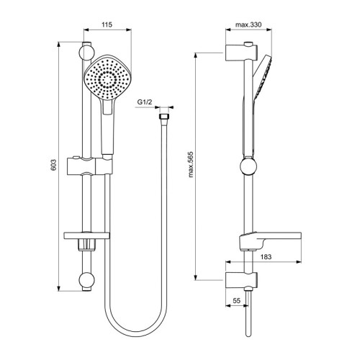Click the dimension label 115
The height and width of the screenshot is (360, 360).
click(107, 25)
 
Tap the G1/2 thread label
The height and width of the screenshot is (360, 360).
click(144, 103)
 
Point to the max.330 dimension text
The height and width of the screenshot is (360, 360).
click(248, 25)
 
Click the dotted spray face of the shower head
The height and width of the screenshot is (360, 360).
click(107, 78)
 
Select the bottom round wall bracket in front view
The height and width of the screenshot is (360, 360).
click(86, 281)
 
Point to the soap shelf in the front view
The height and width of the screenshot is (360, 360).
click(86, 237)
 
